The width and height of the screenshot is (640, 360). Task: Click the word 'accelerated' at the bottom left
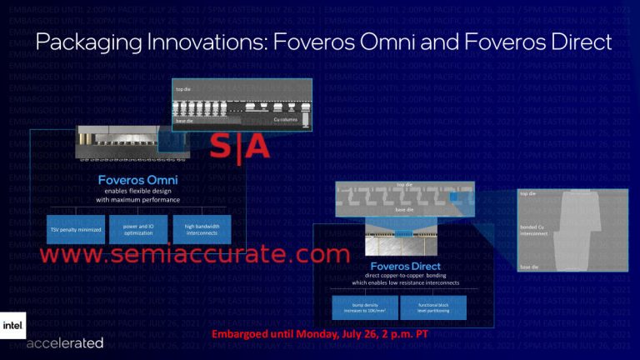click(65, 342)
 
